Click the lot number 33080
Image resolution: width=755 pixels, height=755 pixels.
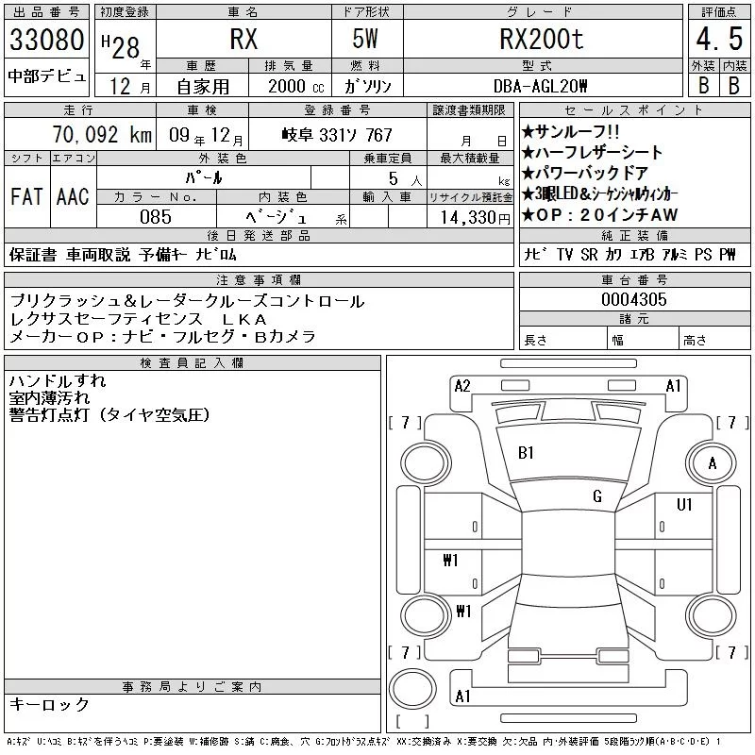pyautogui.click(x=46, y=40)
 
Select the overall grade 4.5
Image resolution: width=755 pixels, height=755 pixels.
pyautogui.click(x=719, y=39)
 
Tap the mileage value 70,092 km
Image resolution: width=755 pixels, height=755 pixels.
pyautogui.click(x=102, y=134)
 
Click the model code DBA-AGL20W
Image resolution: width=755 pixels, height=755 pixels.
pyautogui.click(x=540, y=86)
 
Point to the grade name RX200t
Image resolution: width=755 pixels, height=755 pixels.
pyautogui.click(x=542, y=39)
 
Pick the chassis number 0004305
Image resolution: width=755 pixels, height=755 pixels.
pyautogui.click(x=633, y=299)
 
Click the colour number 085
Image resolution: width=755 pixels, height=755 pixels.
pyautogui.click(x=156, y=217)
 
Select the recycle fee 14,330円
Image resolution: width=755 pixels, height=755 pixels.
pyautogui.click(x=475, y=218)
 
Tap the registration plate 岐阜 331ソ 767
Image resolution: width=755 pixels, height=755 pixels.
pyautogui.click(x=337, y=135)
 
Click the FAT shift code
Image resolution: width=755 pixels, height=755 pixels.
pyautogui.click(x=26, y=196)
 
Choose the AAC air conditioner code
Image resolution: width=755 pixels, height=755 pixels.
pyautogui.click(x=73, y=196)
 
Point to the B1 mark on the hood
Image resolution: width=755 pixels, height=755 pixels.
pyautogui.click(x=526, y=453)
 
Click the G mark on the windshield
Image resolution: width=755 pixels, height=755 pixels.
pyautogui.click(x=597, y=495)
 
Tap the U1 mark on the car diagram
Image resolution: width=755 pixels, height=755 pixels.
pyautogui.click(x=684, y=505)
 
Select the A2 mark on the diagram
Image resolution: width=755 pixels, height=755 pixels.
pyautogui.click(x=462, y=386)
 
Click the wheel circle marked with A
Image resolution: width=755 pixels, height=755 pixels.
pyautogui.click(x=712, y=463)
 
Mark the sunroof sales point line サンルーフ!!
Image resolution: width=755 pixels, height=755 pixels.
pyautogui.click(x=571, y=131)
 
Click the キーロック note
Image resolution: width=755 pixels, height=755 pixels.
pyautogui.click(x=49, y=704)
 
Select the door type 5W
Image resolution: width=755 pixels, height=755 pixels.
pyautogui.click(x=365, y=39)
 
